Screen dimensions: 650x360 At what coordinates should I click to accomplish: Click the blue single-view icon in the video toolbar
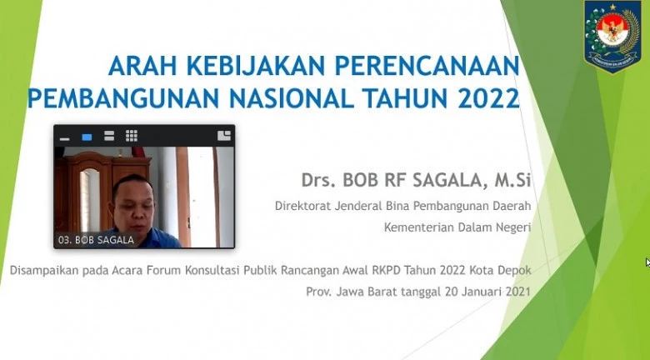click(87, 137)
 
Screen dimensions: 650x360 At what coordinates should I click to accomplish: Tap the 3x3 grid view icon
click(132, 136)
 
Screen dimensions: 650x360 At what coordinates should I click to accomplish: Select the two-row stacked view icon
click(109, 136)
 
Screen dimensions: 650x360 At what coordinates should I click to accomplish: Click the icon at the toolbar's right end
click(224, 136)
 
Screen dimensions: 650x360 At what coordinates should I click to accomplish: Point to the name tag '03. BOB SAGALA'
click(96, 240)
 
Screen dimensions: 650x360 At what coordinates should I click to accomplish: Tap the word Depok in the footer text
click(516, 270)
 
